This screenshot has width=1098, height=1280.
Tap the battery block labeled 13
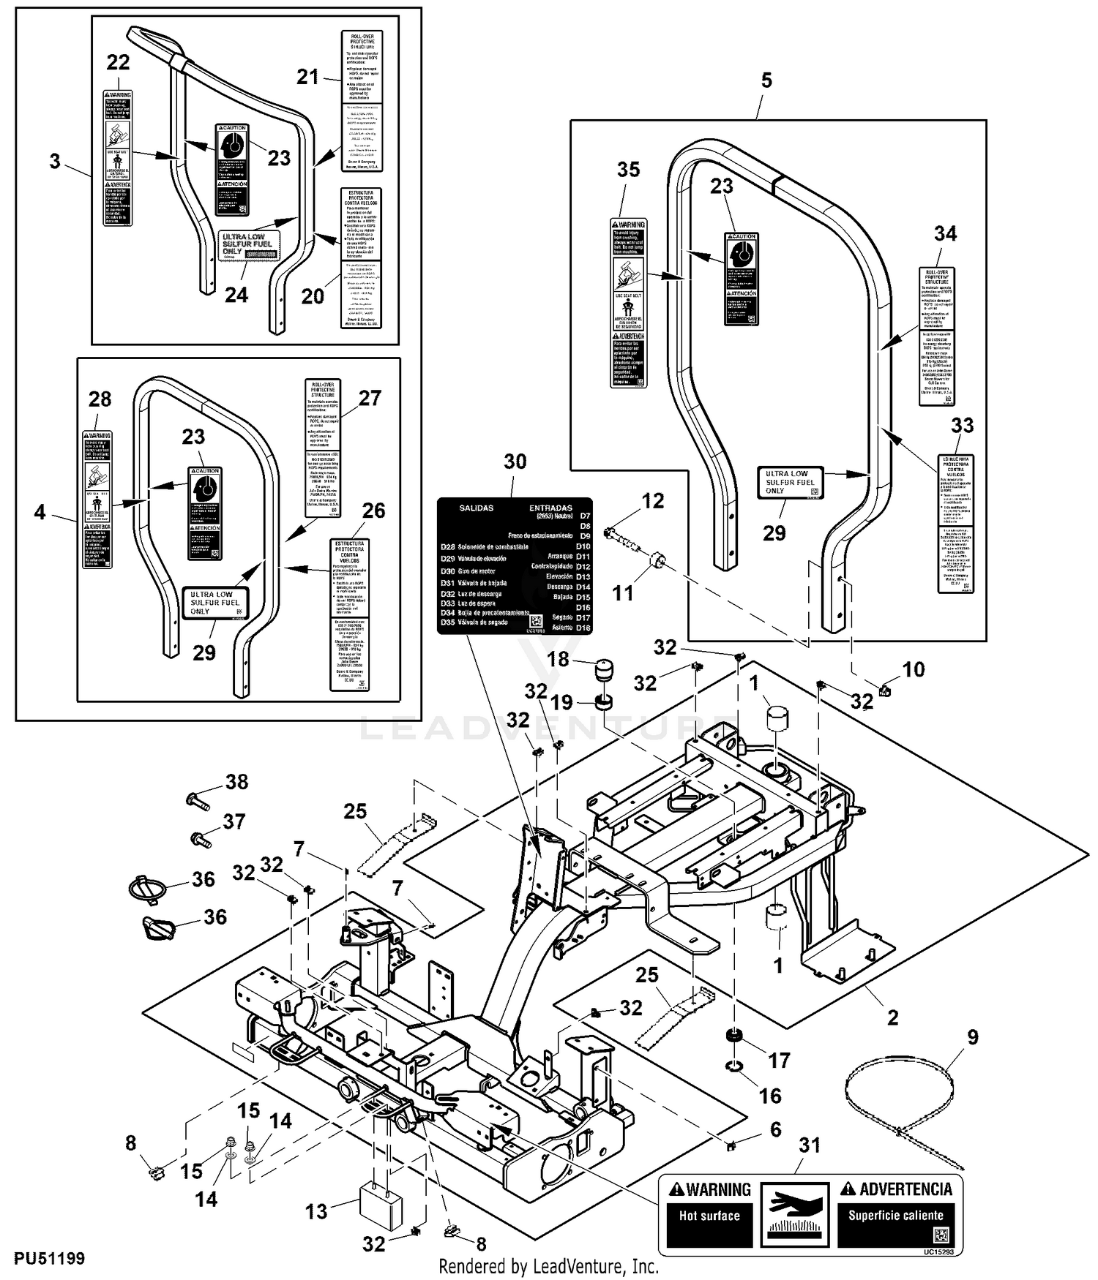(x=381, y=1208)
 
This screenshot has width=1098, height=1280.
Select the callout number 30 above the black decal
(x=515, y=462)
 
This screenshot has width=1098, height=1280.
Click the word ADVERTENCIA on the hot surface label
(x=905, y=1189)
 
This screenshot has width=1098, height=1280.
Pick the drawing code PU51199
(x=48, y=1258)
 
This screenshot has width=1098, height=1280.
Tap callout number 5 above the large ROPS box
(x=766, y=80)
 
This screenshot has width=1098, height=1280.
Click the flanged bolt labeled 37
(x=201, y=839)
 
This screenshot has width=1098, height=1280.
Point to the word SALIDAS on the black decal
(x=476, y=508)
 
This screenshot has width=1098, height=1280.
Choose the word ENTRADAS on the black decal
(x=550, y=508)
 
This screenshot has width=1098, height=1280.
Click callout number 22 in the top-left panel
(x=118, y=63)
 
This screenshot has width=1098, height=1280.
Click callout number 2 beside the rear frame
(x=892, y=1017)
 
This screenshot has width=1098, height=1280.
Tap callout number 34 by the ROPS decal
(x=945, y=233)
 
